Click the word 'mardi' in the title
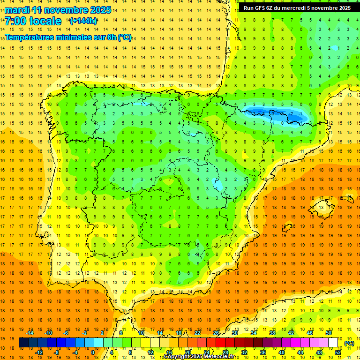(17, 10)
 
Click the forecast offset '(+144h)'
(83, 21)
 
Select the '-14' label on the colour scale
(30, 333)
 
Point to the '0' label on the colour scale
(92, 352)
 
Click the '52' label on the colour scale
(338, 352)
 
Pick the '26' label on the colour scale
(216, 333)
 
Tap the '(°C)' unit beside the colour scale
(349, 343)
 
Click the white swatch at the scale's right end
(333, 343)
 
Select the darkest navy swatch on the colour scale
(23, 343)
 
